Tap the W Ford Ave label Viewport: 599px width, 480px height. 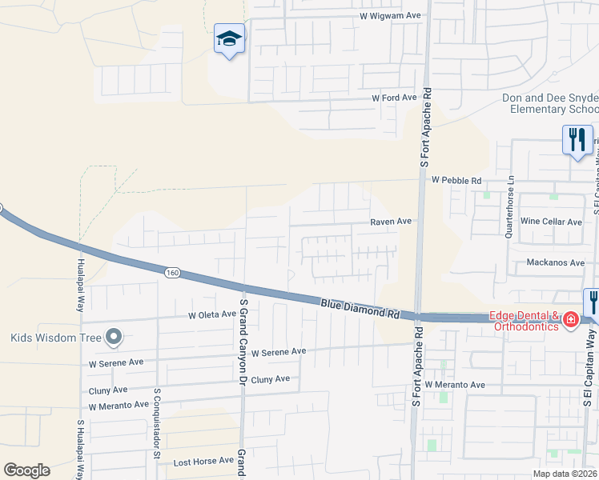394,98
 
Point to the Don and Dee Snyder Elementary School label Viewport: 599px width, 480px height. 550,103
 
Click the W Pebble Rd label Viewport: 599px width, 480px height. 456,181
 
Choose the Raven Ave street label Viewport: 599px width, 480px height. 390,221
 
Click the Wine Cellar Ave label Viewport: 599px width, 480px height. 551,221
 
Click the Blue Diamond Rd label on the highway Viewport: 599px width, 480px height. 360,309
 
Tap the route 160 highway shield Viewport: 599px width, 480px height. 173,274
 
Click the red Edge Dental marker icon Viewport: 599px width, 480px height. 571,321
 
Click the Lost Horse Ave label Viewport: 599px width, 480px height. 203,462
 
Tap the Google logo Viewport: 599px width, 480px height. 26,470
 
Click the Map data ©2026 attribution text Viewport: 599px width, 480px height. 565,474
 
